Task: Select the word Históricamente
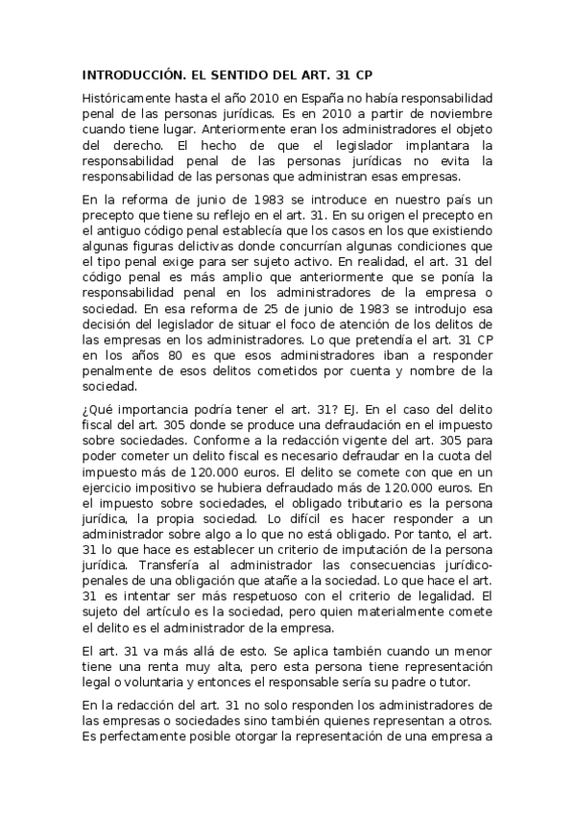point(130,99)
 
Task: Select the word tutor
point(475,682)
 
